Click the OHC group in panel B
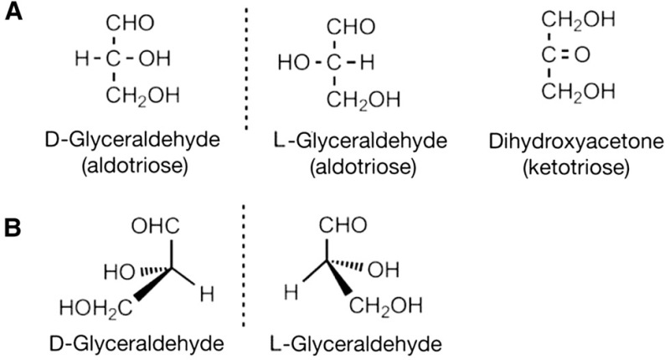(153, 225)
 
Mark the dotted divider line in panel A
(248, 67)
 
